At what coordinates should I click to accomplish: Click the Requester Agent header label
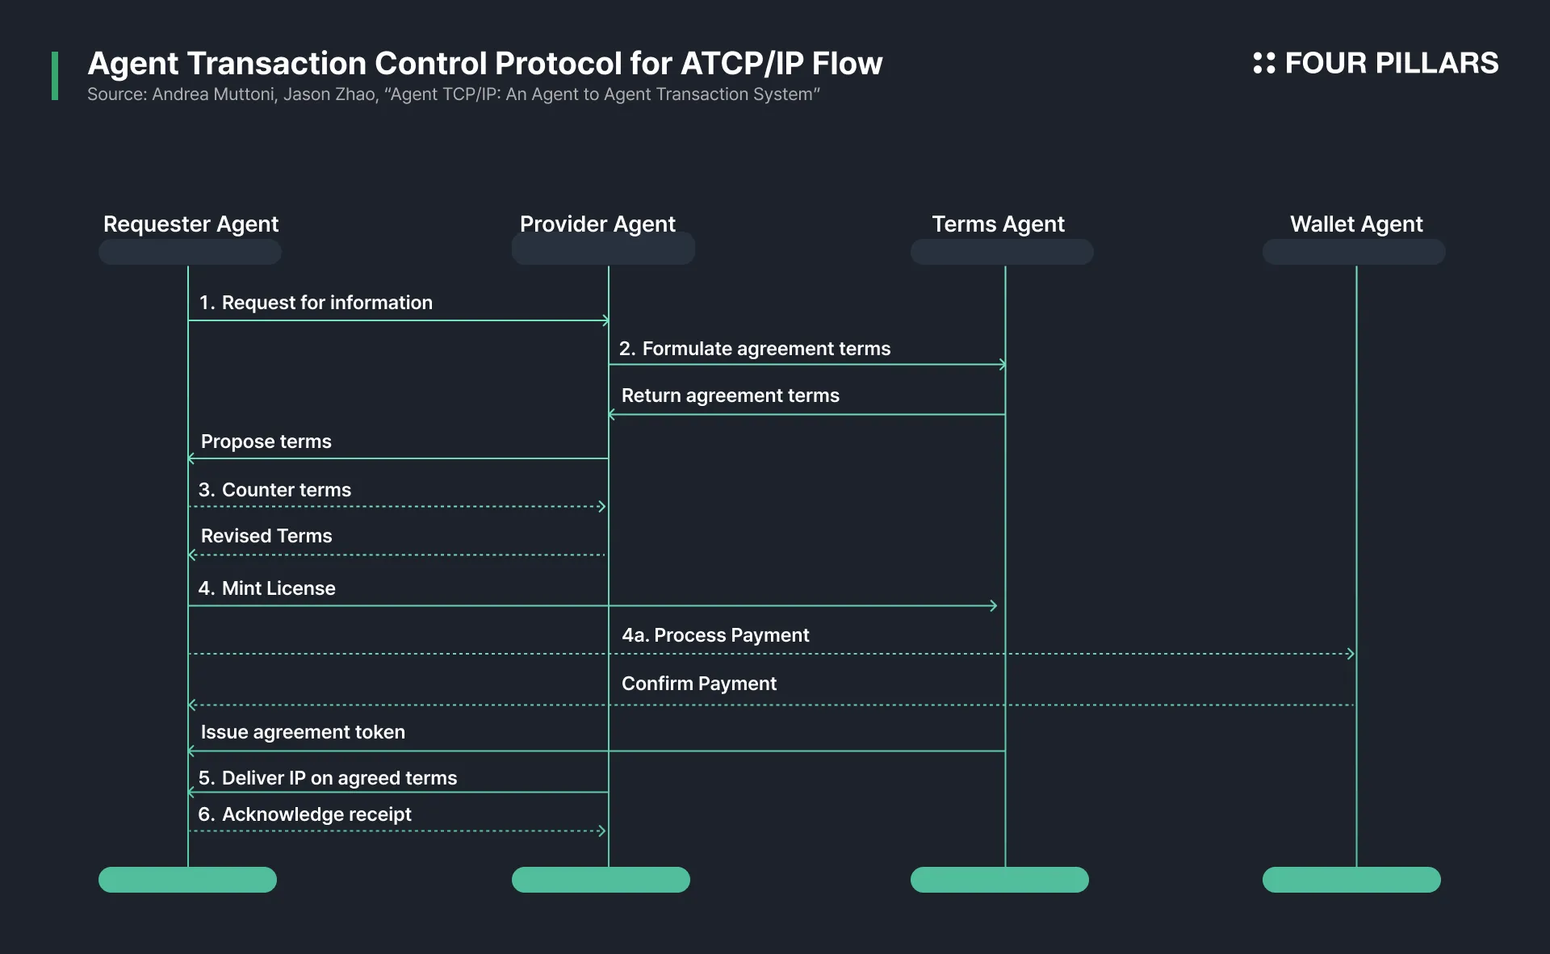(191, 224)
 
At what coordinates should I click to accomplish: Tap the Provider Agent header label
(597, 224)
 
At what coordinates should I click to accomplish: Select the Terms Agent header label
(998, 224)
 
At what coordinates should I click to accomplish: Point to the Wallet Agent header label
(1356, 224)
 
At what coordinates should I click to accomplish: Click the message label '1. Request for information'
(316, 303)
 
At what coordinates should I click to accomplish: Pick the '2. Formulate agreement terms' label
(755, 349)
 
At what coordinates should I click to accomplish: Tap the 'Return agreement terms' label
(731, 395)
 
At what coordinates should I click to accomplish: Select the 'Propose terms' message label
(266, 441)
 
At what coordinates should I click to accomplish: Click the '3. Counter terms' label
(274, 490)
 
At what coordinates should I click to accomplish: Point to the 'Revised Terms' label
(266, 536)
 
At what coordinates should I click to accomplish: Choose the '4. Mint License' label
(266, 588)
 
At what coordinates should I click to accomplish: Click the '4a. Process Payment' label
(715, 635)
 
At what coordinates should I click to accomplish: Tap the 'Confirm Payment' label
(699, 684)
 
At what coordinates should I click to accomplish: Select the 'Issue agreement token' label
(303, 732)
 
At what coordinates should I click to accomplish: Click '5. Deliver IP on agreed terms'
(328, 778)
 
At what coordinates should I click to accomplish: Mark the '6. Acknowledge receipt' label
(304, 814)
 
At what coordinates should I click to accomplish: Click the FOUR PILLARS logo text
(1392, 63)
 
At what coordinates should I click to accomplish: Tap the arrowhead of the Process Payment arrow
(1351, 654)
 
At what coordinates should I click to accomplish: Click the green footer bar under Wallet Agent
(1351, 880)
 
